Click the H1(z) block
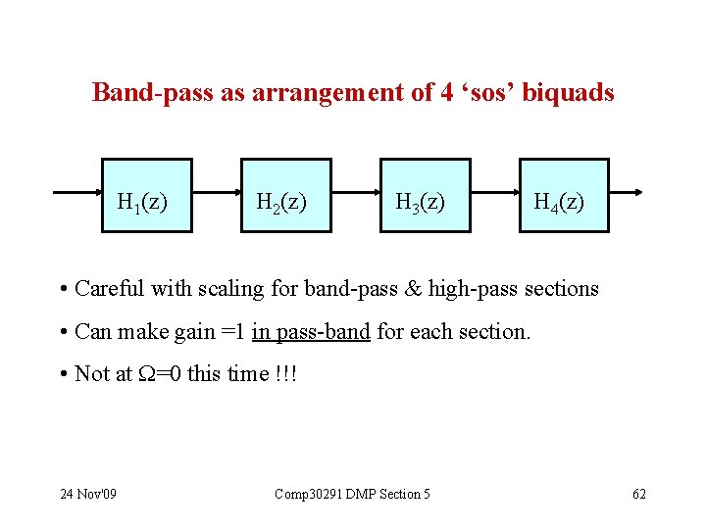(148, 195)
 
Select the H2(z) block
(286, 195)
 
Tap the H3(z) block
(425, 195)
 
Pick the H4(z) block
(564, 195)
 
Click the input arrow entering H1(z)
(78, 193)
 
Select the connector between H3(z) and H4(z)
(494, 193)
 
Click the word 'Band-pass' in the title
(143, 93)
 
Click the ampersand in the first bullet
(411, 289)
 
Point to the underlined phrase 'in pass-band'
(311, 332)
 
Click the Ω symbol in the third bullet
(145, 374)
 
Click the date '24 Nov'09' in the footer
(88, 494)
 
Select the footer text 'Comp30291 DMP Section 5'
(352, 494)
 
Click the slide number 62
(638, 494)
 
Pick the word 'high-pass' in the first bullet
(473, 289)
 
